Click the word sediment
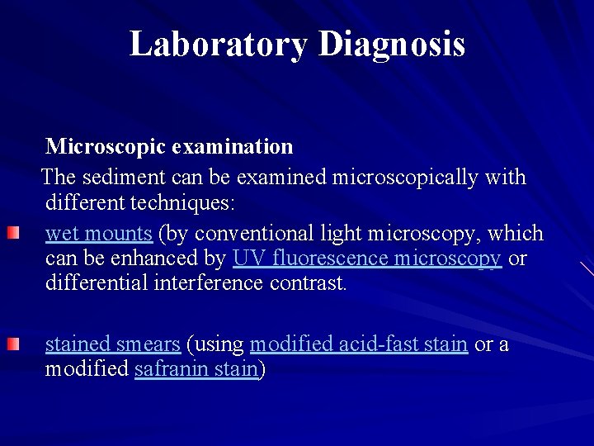113,177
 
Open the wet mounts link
99,234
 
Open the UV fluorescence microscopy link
366,259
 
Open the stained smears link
112,344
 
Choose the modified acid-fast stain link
358,344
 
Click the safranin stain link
196,369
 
